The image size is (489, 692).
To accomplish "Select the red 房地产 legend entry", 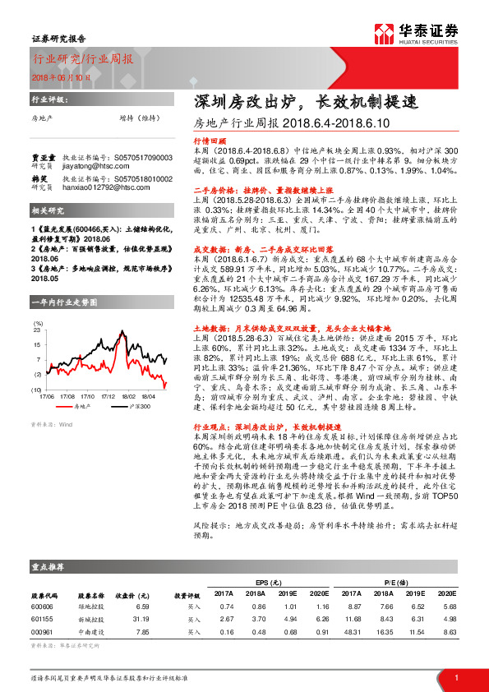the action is pyautogui.click(x=79, y=383).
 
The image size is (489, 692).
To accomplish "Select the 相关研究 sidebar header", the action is pyautogui.click(x=45, y=211).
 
